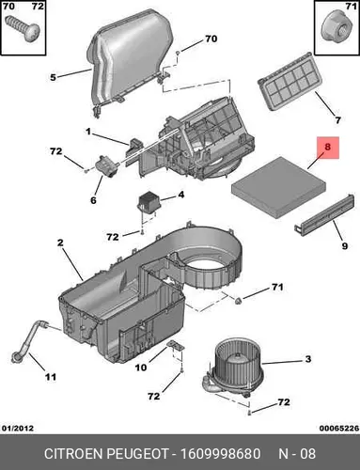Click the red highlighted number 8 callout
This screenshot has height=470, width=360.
pyautogui.click(x=328, y=148)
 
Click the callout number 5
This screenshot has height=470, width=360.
pyautogui.click(x=53, y=77)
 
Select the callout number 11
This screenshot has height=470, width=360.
pyautogui.click(x=51, y=377)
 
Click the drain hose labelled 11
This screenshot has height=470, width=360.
pyautogui.click(x=29, y=340)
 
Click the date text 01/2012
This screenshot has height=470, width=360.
pyautogui.click(x=18, y=428)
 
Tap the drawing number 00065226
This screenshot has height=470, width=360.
pyautogui.click(x=339, y=428)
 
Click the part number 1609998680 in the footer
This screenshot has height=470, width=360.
pyautogui.click(x=221, y=454)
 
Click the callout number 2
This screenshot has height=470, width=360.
pyautogui.click(x=60, y=243)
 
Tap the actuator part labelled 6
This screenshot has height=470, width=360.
pyautogui.click(x=106, y=165)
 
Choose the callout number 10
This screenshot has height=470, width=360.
pyautogui.click(x=141, y=368)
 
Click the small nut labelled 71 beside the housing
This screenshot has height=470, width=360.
pyautogui.click(x=239, y=301)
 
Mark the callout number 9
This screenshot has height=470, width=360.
pyautogui.click(x=345, y=245)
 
